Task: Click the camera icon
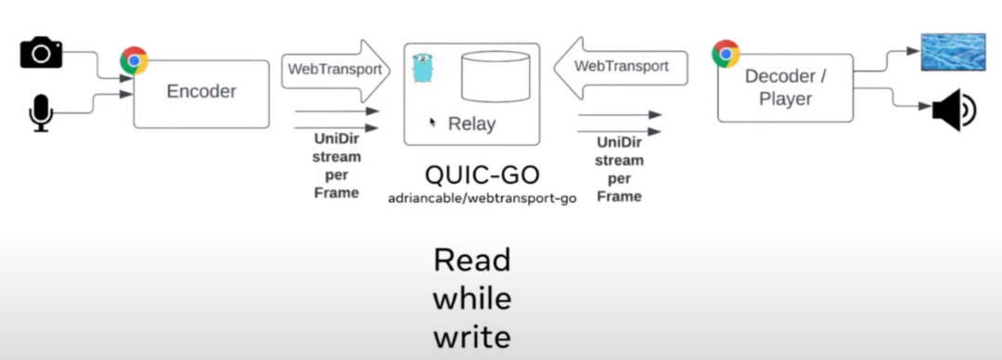tap(41, 54)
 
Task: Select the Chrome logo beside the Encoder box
tap(135, 61)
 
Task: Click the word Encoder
tap(201, 91)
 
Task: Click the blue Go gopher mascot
tap(424, 68)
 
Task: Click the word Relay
tap(471, 123)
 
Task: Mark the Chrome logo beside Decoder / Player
tap(726, 54)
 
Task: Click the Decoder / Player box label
tap(784, 87)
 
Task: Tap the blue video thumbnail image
tap(952, 52)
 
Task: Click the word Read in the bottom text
tap(471, 261)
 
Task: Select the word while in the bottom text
tap(471, 299)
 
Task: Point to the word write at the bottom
tap(471, 337)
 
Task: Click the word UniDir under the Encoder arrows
tap(336, 139)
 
